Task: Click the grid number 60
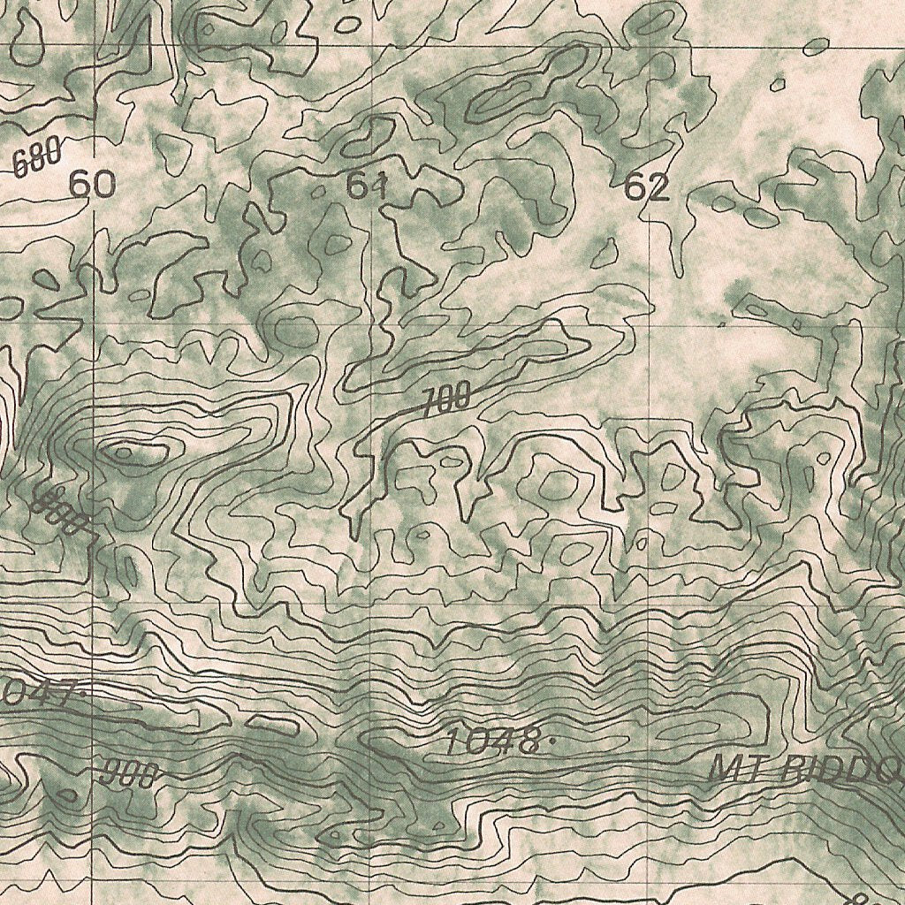coord(92,185)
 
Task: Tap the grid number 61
coord(367,186)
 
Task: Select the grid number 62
coord(647,187)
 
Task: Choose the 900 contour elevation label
coord(129,774)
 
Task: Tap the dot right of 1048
coord(552,742)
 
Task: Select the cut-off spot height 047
coord(35,694)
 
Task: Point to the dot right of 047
coord(84,694)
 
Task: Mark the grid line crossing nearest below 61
coord(372,324)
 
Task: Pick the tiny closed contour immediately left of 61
coord(319,189)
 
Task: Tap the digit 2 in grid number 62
coord(658,187)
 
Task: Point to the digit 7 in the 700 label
coord(430,404)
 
